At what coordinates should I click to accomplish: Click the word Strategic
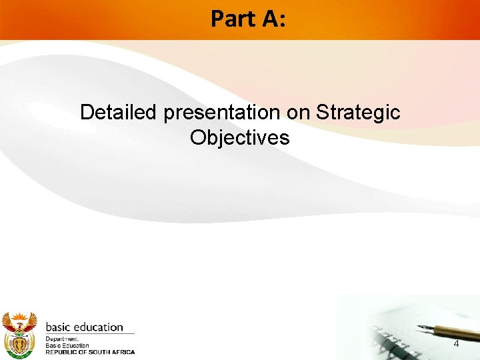[x=359, y=113]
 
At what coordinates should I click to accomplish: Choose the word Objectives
[x=240, y=137]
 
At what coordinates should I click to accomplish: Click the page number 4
[x=456, y=344]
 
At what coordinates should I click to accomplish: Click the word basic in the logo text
[x=59, y=327]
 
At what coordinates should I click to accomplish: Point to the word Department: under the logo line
[x=62, y=339]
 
